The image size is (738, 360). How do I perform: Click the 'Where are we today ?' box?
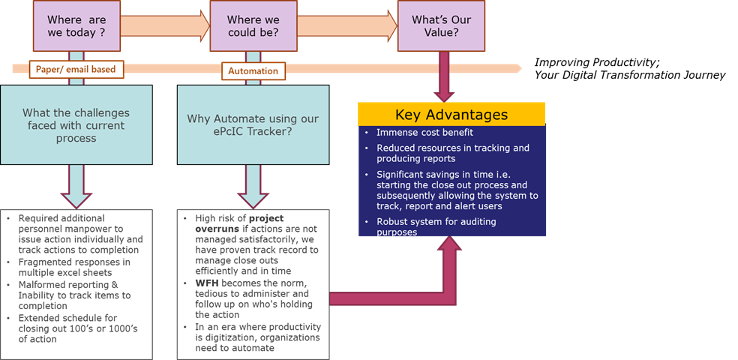click(76, 26)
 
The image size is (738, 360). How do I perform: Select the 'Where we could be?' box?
click(253, 26)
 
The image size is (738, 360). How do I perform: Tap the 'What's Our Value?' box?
click(441, 26)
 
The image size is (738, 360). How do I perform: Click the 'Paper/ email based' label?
click(76, 70)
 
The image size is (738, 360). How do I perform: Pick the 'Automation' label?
click(253, 71)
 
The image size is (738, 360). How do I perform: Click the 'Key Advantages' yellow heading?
click(451, 115)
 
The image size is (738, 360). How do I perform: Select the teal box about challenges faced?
click(76, 125)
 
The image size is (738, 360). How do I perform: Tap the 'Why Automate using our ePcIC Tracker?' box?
click(253, 125)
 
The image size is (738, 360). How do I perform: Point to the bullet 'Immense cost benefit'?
click(424, 133)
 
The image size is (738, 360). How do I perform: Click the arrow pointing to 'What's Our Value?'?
click(347, 26)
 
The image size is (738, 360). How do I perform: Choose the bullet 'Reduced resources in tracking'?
click(452, 153)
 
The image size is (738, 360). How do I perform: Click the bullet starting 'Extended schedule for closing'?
click(71, 328)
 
